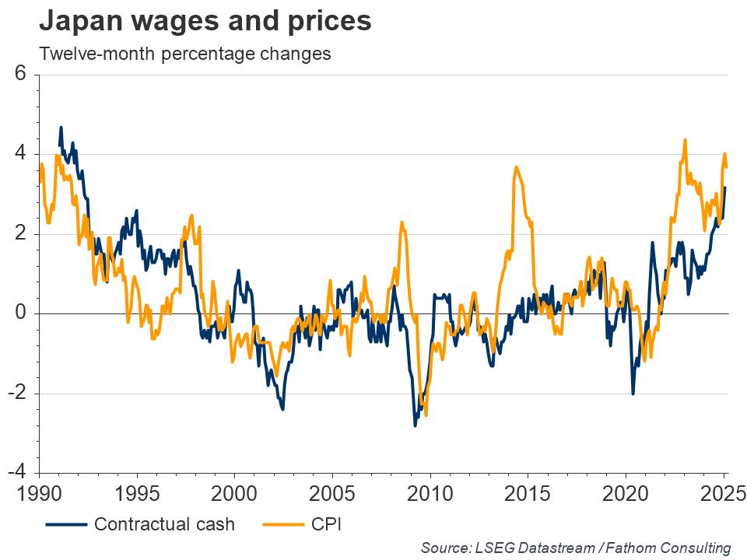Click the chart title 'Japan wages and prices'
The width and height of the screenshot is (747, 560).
pyautogui.click(x=205, y=22)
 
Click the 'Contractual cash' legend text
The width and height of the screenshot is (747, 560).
pyautogui.click(x=164, y=523)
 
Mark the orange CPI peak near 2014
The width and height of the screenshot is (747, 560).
pyautogui.click(x=515, y=167)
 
